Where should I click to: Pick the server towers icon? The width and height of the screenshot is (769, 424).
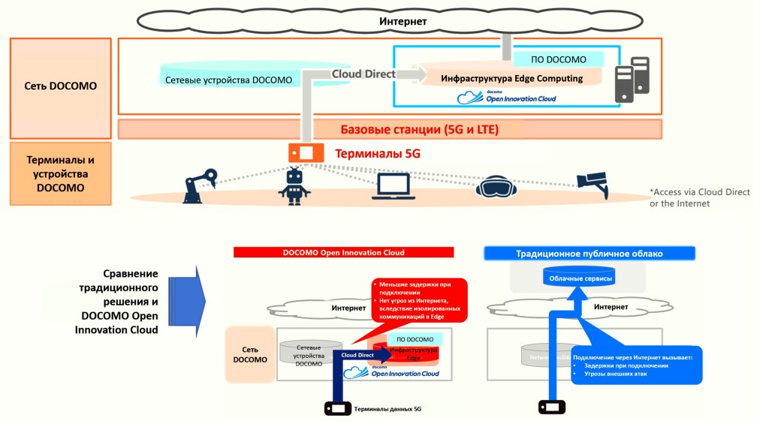click(632, 79)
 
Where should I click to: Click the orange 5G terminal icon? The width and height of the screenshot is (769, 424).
click(306, 152)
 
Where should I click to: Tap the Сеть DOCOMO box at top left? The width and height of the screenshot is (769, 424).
click(61, 86)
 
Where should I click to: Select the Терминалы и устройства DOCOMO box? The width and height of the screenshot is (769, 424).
click(61, 173)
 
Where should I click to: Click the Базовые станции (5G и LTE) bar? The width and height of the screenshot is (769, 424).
click(389, 129)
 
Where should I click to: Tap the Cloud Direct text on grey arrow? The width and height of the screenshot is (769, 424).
click(363, 74)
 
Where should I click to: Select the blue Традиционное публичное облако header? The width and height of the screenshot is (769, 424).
click(589, 254)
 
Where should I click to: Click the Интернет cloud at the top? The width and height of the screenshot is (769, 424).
click(403, 22)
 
